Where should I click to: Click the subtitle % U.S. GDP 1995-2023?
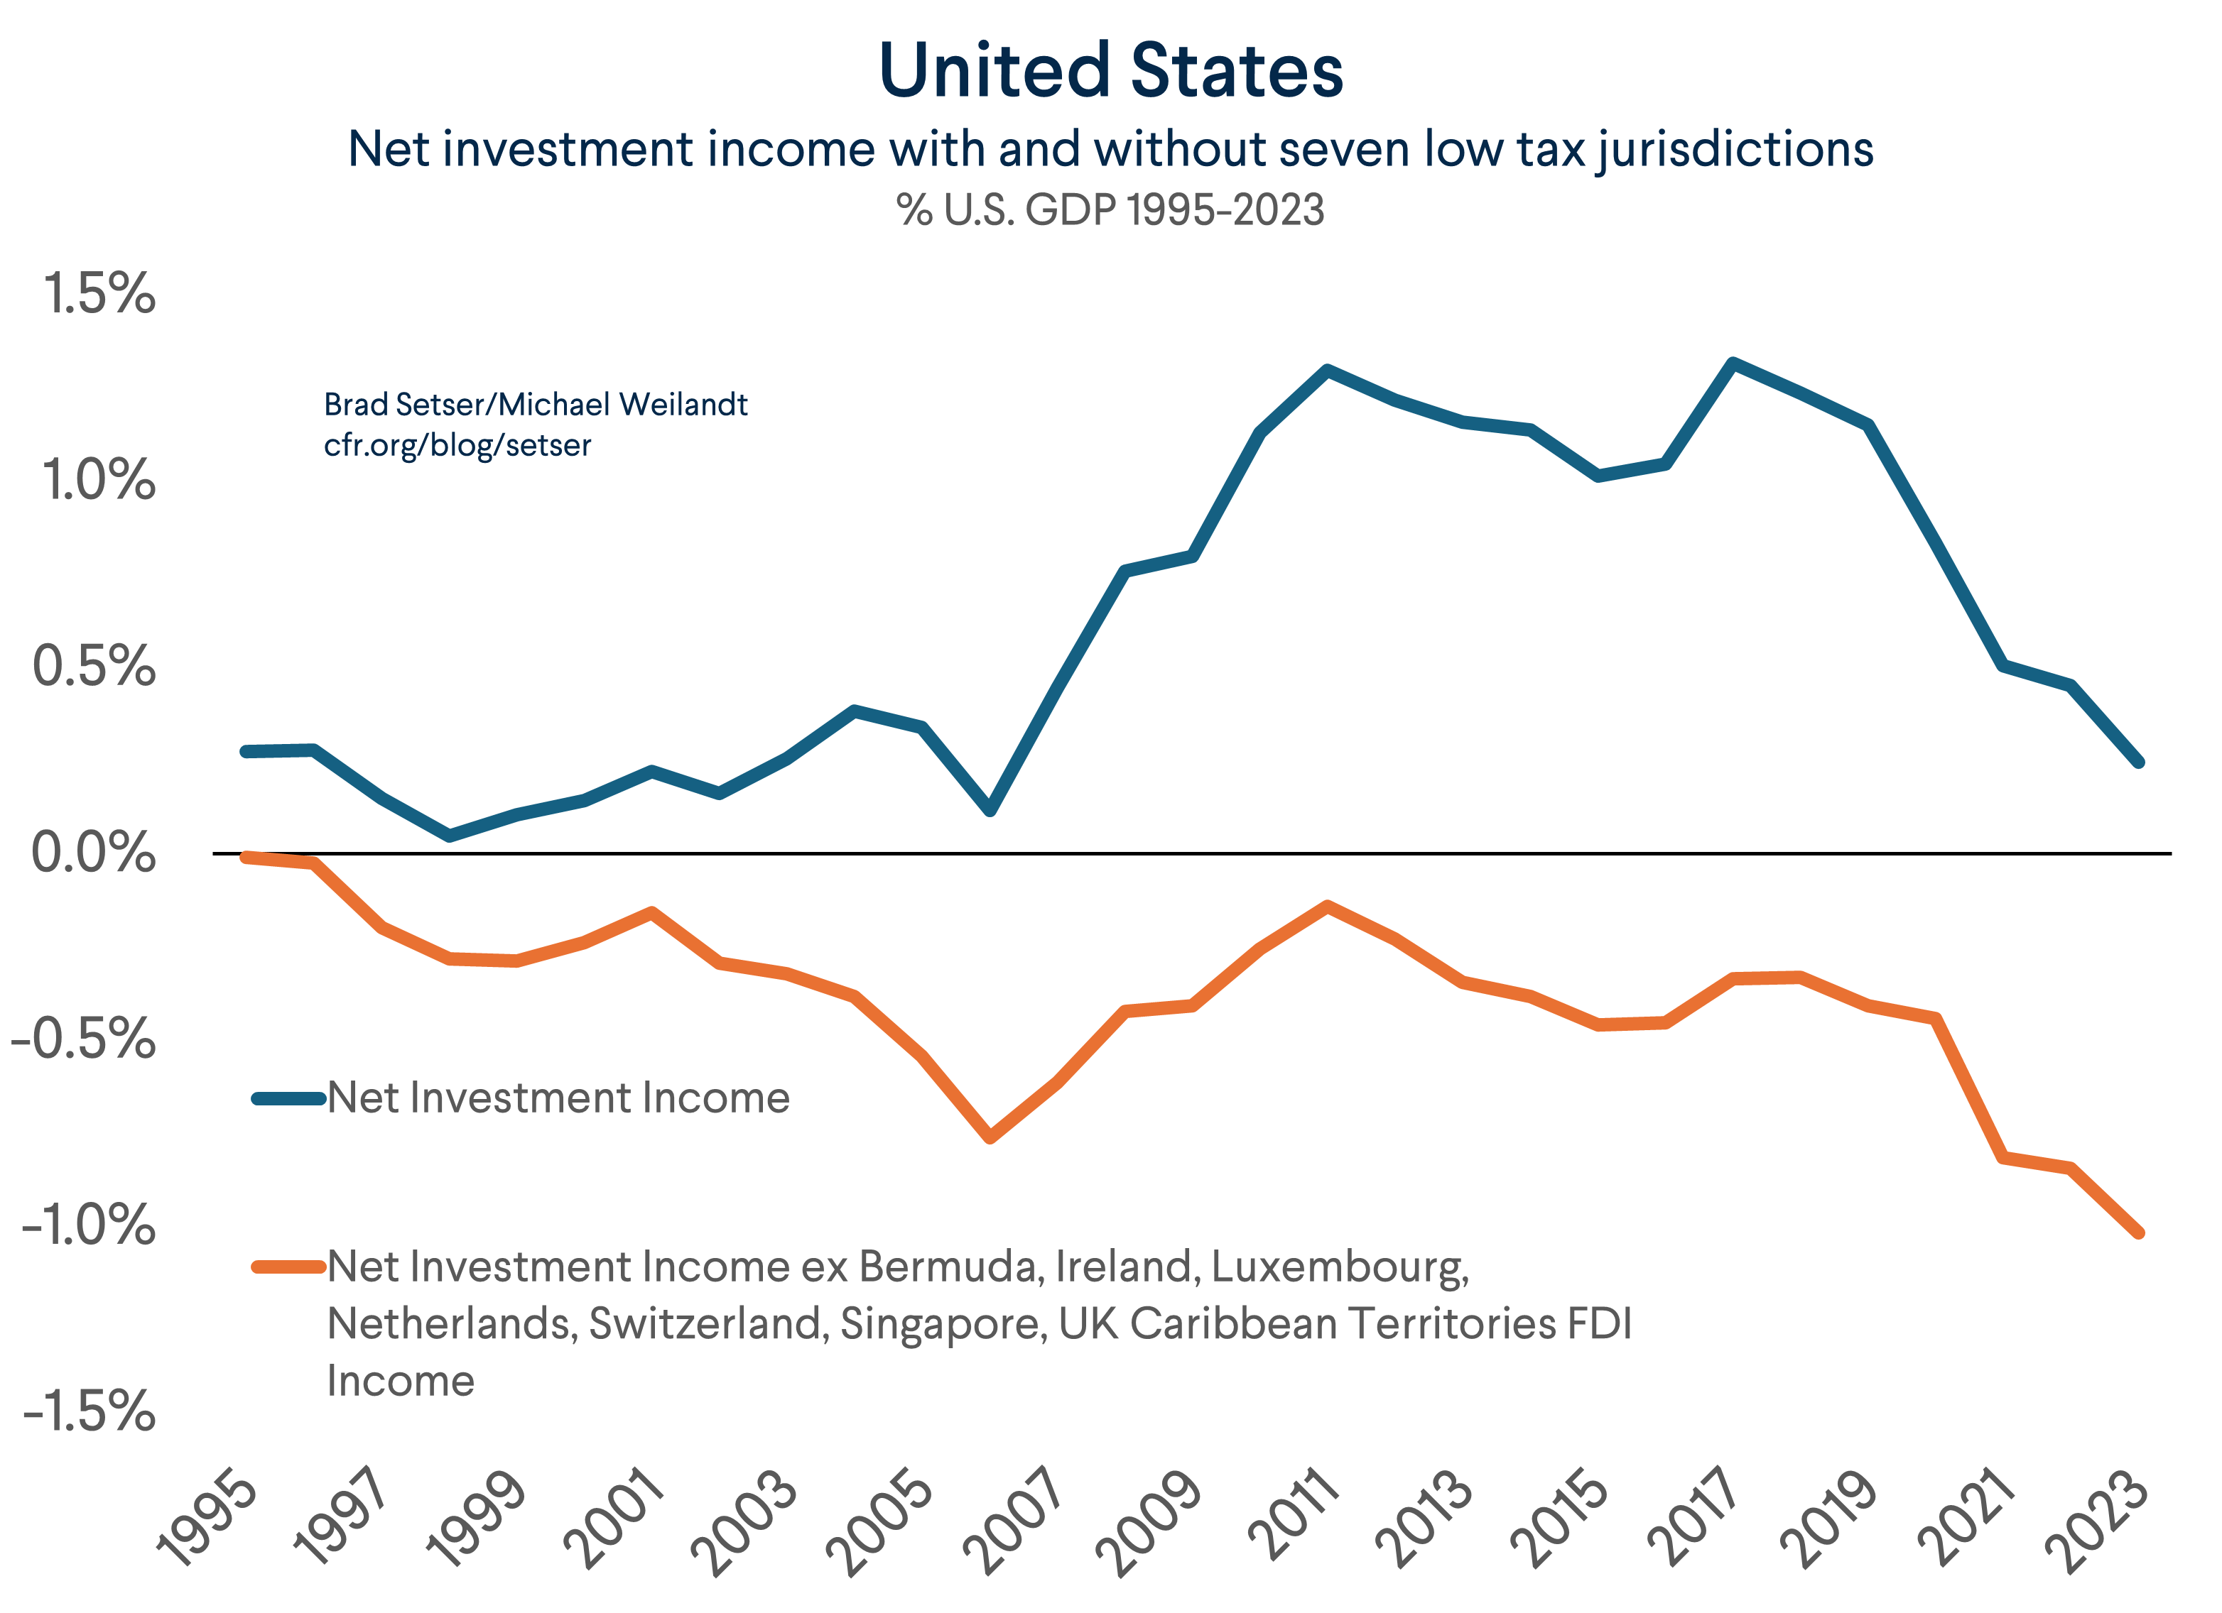[x=1110, y=209]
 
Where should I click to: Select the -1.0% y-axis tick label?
[x=88, y=1224]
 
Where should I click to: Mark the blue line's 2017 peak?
[x=1732, y=363]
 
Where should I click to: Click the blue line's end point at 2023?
[x=2139, y=762]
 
